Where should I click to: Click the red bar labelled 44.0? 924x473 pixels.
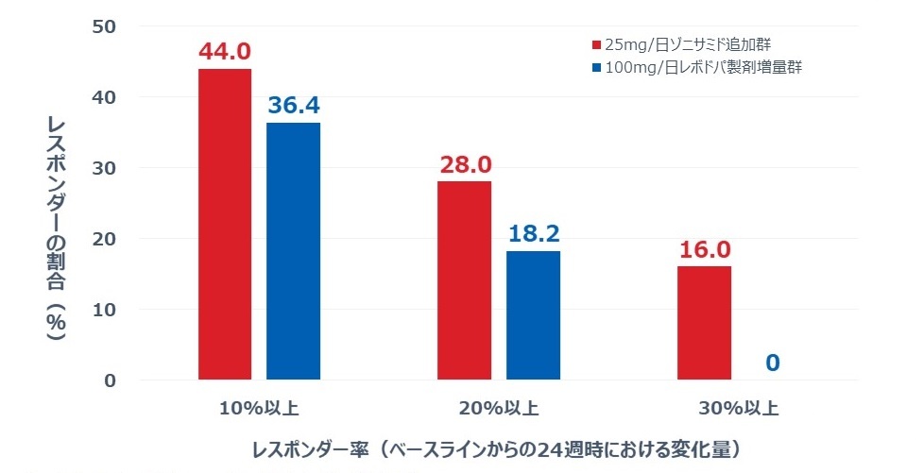(225, 224)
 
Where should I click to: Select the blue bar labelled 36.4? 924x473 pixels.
(293, 251)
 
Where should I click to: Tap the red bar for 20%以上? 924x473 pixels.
(464, 280)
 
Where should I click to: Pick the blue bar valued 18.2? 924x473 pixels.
(533, 315)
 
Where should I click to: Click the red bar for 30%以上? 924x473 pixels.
(704, 323)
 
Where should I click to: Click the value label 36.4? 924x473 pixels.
(293, 106)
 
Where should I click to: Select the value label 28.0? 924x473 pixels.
(465, 165)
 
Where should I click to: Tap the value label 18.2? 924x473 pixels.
(533, 234)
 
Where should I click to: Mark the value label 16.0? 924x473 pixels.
(704, 250)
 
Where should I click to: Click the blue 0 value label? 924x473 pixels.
(773, 363)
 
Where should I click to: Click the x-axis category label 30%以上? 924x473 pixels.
(740, 409)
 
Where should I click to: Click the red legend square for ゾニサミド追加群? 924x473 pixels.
(596, 44)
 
